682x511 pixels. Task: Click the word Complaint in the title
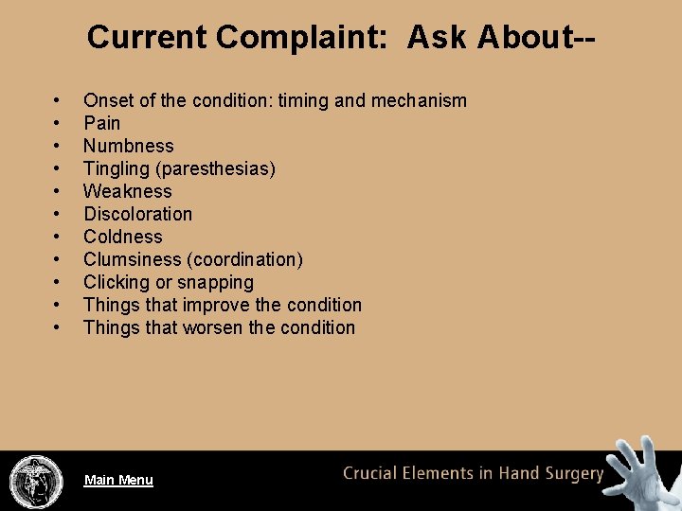coord(306,37)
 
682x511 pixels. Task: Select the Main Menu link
coord(118,480)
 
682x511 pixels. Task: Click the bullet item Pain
coord(101,123)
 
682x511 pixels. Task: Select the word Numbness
coord(128,146)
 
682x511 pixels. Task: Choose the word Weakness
coord(127,191)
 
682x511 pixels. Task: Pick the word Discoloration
coord(137,214)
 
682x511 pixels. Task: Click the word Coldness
coord(123,237)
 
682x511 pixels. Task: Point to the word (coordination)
coord(248,259)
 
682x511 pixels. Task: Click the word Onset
coord(107,100)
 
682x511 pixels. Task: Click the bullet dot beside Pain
coord(58,123)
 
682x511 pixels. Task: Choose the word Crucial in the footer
coord(372,473)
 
